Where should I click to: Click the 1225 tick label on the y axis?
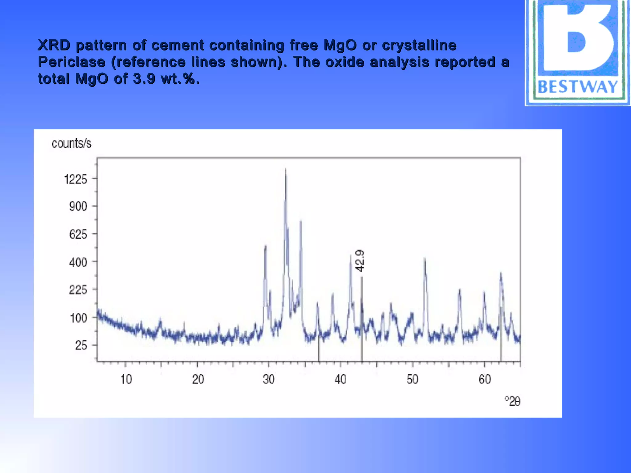click(76, 179)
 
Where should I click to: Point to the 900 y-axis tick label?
click(78, 206)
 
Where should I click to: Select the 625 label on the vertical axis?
click(78, 235)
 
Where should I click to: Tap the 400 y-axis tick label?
click(78, 263)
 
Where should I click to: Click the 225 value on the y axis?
click(78, 290)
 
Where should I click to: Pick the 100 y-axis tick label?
click(79, 318)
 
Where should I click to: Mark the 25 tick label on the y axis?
click(81, 346)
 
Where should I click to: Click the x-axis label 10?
click(126, 379)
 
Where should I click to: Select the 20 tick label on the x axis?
click(198, 379)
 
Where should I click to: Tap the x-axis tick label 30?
click(269, 379)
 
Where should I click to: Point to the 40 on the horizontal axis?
click(340, 379)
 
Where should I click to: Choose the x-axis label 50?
click(412, 379)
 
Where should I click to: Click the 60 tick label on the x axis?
click(484, 379)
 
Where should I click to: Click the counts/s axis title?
click(71, 144)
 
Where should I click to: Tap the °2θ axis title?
click(512, 402)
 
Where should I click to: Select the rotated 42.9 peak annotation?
click(360, 261)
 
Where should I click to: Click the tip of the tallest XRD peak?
click(285, 169)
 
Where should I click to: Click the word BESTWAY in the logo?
click(578, 87)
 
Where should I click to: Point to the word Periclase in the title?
click(71, 62)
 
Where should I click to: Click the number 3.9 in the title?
click(144, 79)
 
